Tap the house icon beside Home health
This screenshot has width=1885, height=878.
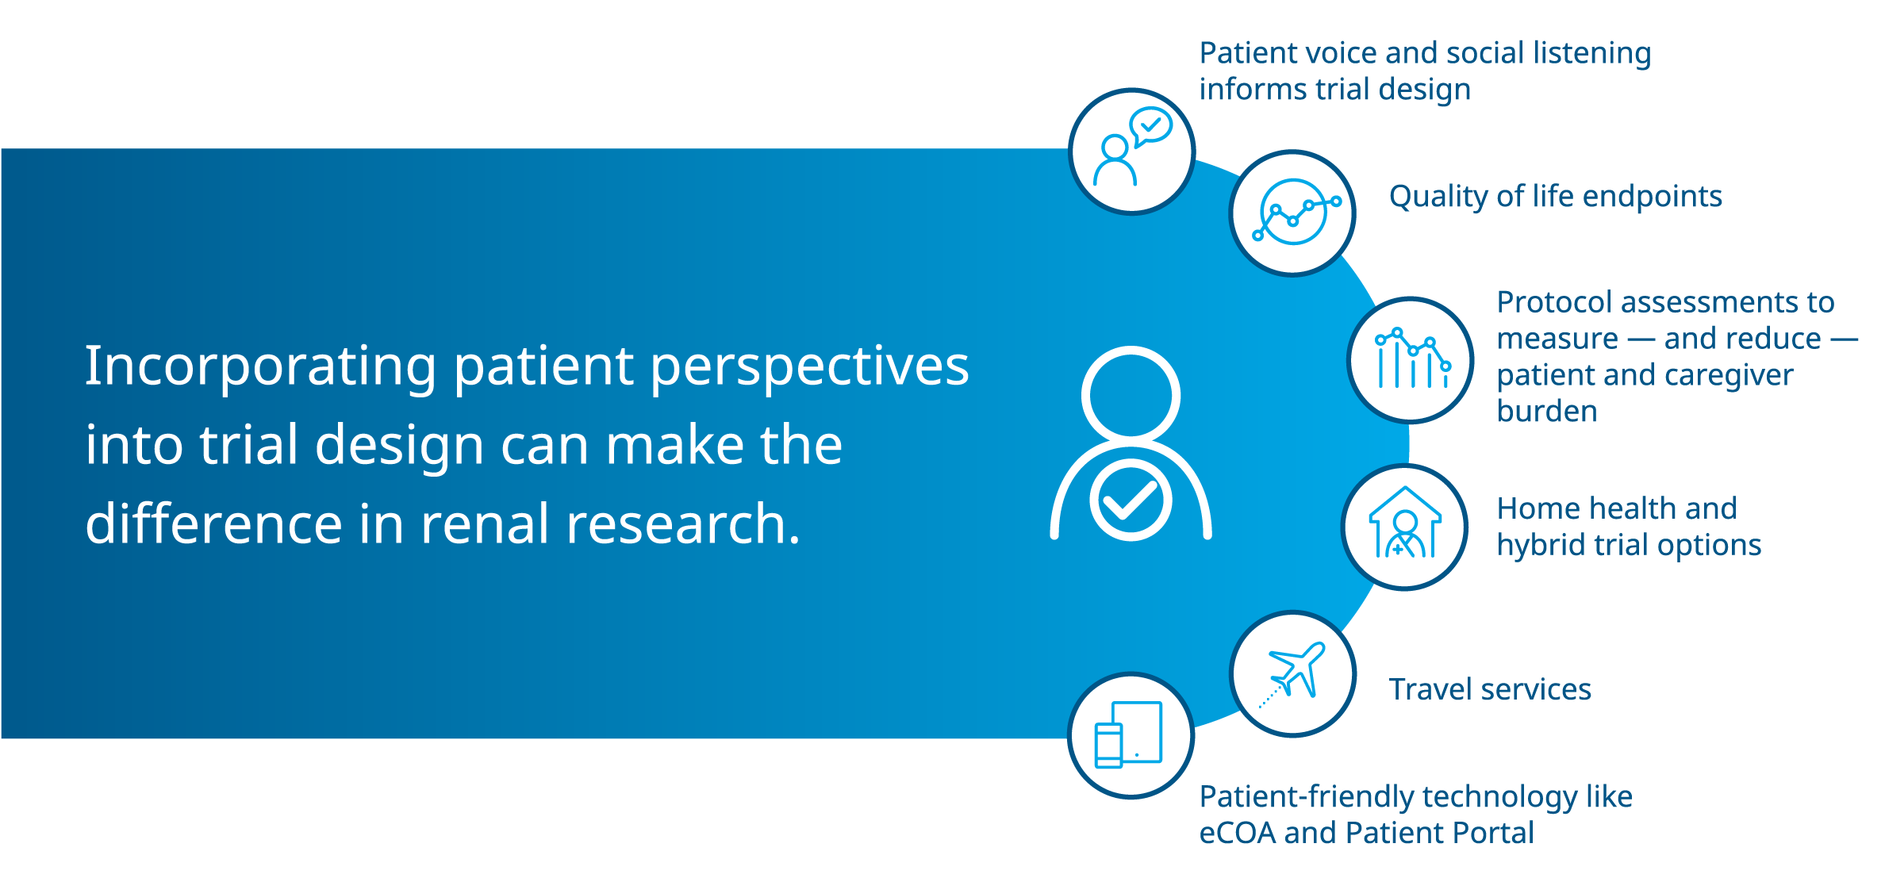1405,523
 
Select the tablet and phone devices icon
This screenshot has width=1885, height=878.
1128,734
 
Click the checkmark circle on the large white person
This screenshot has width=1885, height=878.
1131,500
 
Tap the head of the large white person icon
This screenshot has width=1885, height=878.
1131,394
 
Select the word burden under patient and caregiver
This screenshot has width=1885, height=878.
1547,412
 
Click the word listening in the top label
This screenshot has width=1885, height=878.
1592,54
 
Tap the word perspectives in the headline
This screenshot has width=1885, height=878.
810,367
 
